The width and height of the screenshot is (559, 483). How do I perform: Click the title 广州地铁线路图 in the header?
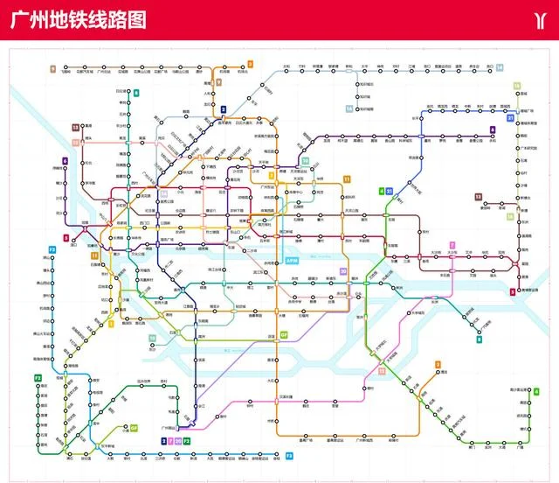[x=78, y=20]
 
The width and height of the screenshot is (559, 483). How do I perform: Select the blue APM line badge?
[x=292, y=261]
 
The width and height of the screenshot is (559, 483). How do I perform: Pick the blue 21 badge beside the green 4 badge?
[x=389, y=191]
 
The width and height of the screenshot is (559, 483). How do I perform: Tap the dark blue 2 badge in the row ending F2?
[x=163, y=441]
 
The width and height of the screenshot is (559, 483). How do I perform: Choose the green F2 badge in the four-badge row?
[x=187, y=441]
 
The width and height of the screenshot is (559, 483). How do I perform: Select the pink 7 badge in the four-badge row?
[x=171, y=441]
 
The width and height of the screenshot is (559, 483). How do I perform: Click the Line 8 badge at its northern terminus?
[x=136, y=93]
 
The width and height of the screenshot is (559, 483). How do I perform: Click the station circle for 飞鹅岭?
[x=64, y=67]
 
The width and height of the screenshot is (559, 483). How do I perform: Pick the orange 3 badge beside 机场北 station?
[x=250, y=64]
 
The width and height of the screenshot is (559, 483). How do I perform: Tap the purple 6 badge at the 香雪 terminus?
[x=493, y=129]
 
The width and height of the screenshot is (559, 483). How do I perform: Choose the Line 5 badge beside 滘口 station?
[x=66, y=237]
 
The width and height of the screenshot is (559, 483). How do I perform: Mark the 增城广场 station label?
[x=527, y=112]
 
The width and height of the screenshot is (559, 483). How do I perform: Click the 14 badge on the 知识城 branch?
[x=349, y=108]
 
